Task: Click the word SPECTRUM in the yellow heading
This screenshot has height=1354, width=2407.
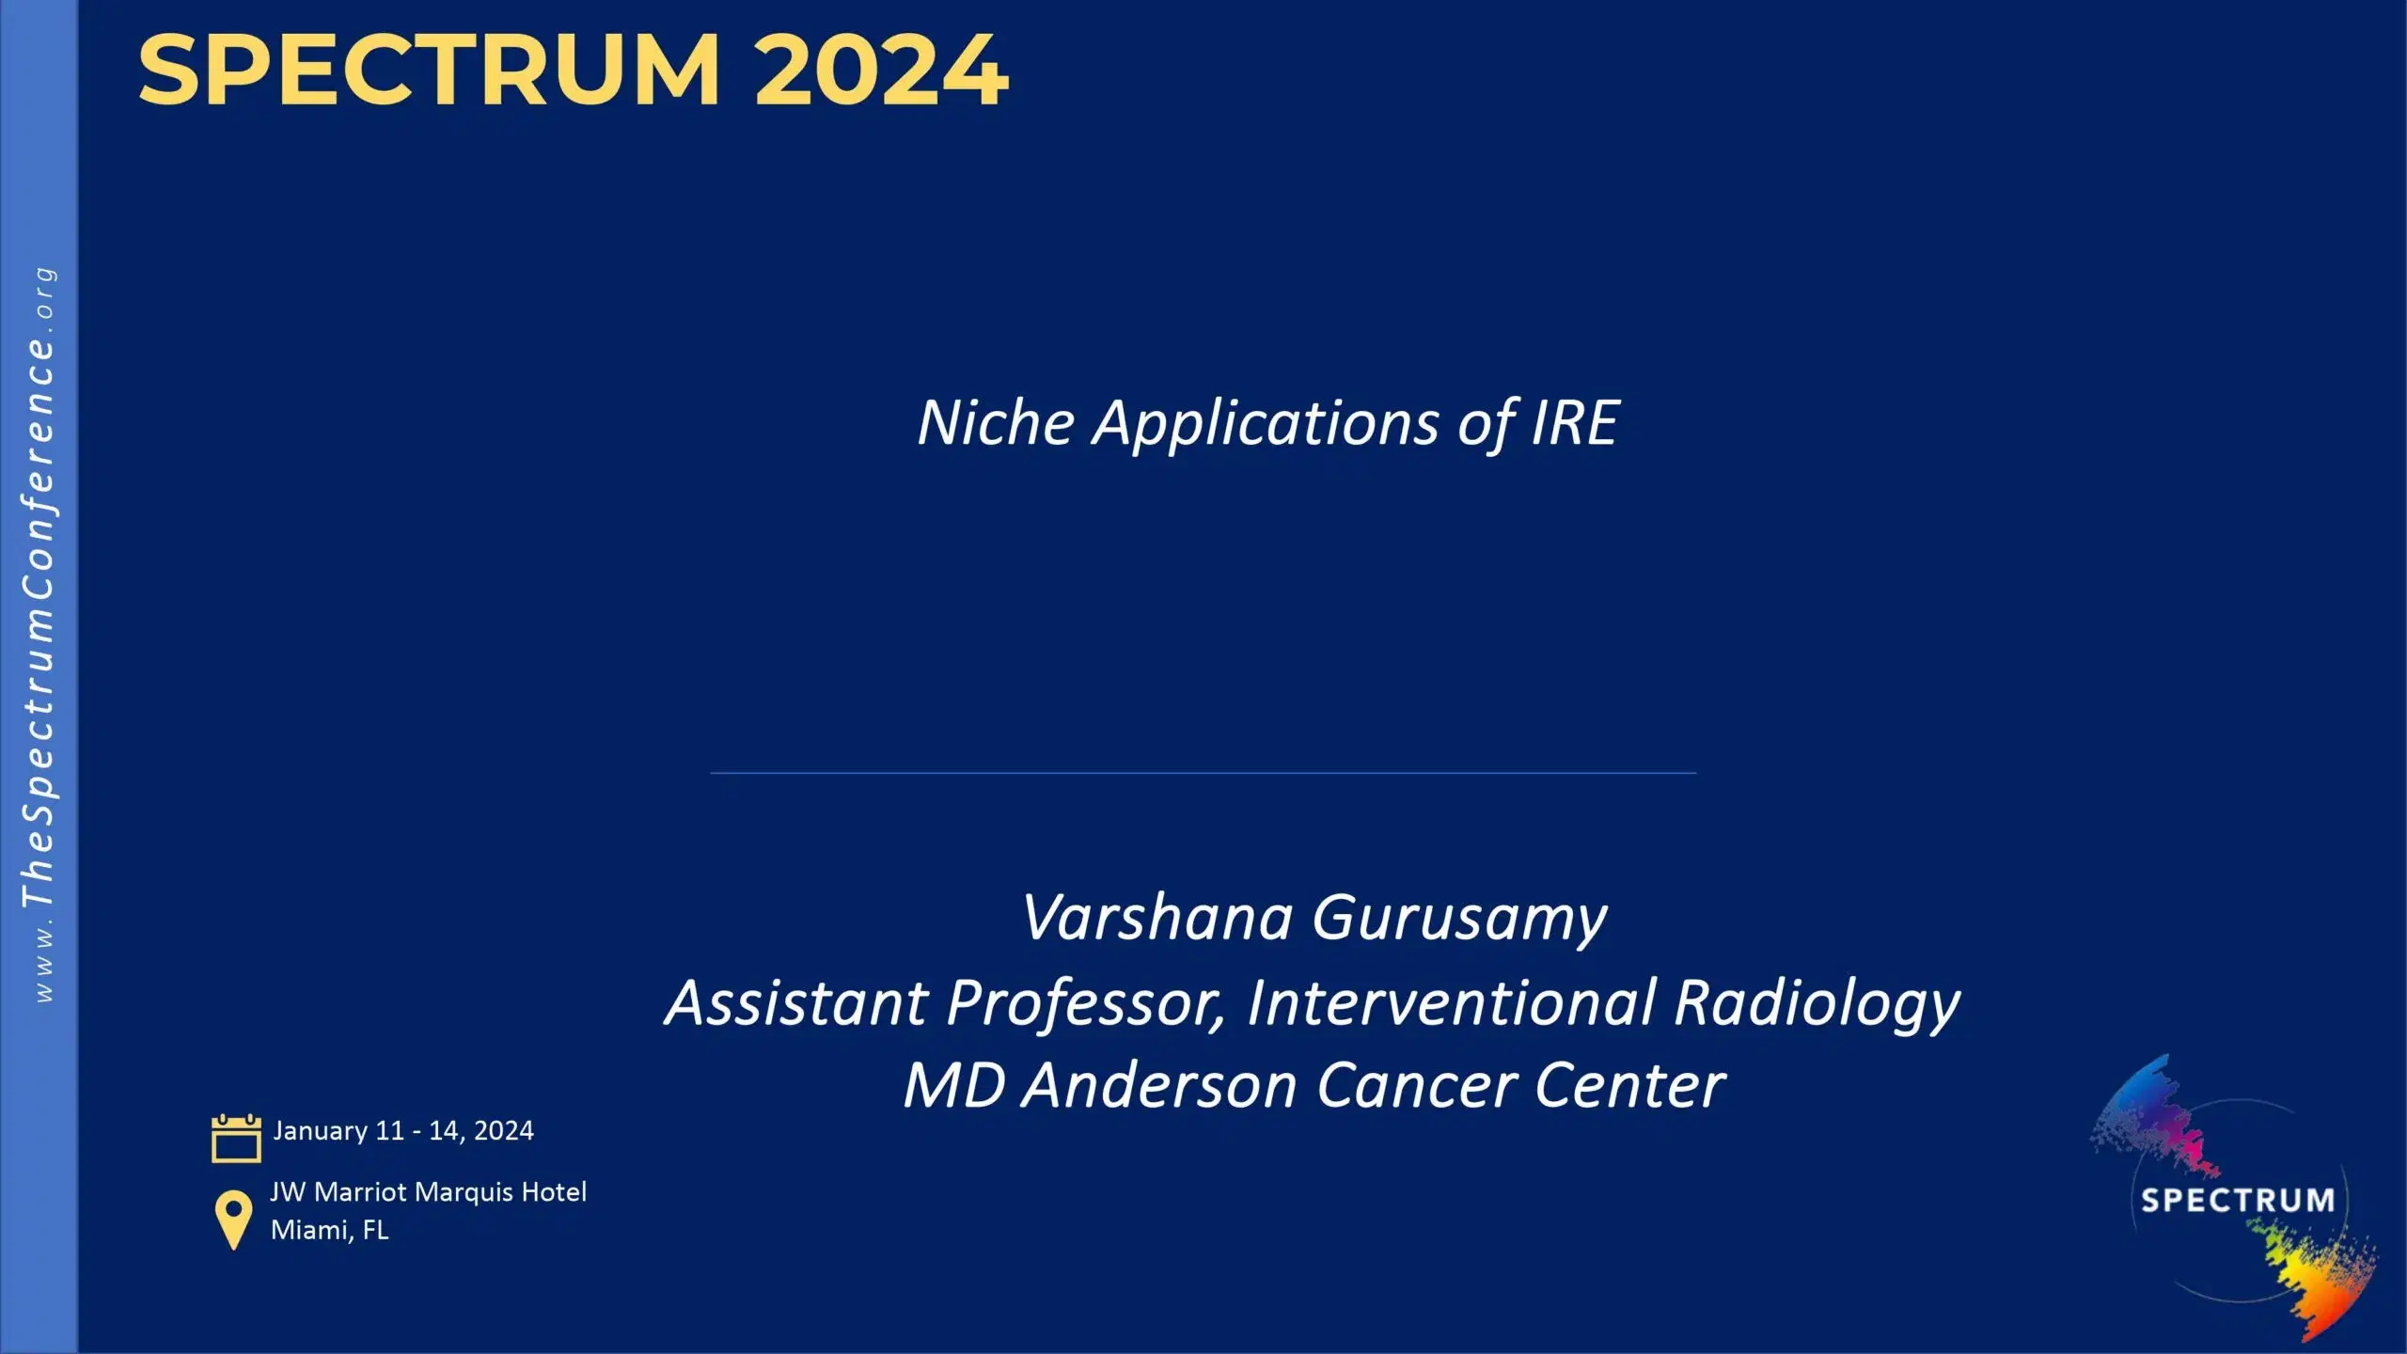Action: [x=429, y=70]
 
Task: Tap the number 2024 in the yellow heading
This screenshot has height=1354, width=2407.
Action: [x=881, y=70]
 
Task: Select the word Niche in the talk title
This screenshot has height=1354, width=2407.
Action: [x=996, y=423]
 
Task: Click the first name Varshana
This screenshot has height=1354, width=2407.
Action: [x=1156, y=918]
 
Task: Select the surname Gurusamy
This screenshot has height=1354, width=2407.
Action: [x=1459, y=920]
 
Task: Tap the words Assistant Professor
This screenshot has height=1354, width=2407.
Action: [x=944, y=1002]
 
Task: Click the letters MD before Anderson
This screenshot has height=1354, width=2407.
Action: [x=953, y=1086]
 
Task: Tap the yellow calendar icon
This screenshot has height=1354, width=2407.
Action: [x=236, y=1138]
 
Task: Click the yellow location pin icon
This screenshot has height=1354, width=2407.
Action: [x=233, y=1220]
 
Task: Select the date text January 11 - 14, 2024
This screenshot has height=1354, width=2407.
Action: [x=402, y=1131]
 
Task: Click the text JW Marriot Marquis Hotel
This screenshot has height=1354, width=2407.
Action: [x=428, y=1192]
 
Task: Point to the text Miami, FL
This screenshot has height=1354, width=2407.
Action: [x=329, y=1230]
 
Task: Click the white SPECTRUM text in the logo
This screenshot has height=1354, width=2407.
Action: [x=2237, y=1201]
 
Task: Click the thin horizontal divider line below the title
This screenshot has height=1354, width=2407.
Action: [x=1203, y=773]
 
